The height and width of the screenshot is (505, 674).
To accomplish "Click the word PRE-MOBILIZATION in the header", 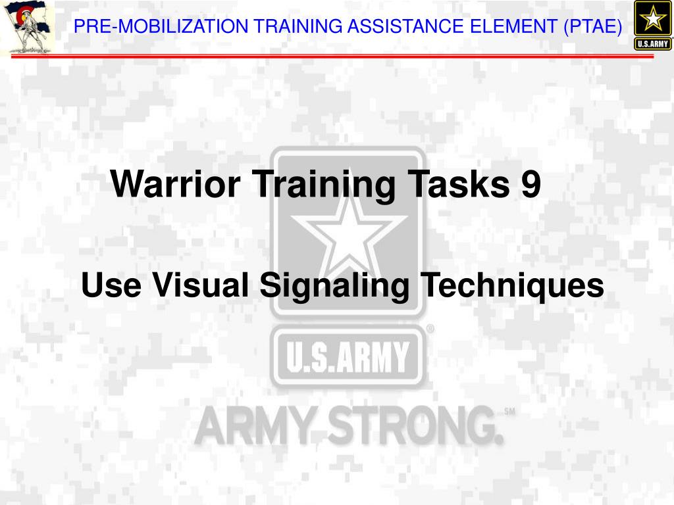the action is click(x=161, y=26).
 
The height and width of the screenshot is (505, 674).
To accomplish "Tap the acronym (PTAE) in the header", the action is click(x=593, y=26).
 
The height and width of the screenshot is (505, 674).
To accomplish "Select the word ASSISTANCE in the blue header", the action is click(x=406, y=26).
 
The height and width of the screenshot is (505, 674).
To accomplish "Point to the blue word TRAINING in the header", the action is click(x=298, y=26).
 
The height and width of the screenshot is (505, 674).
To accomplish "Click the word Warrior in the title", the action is click(x=175, y=183).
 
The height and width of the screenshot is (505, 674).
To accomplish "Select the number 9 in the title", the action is click(x=531, y=183).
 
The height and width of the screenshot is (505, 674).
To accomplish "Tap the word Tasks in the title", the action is click(x=458, y=183).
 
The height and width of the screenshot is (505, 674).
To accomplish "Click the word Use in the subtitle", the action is click(x=111, y=285).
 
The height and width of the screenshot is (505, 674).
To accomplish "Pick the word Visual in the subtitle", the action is click(x=201, y=285).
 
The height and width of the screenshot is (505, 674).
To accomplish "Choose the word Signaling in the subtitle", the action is click(x=334, y=285).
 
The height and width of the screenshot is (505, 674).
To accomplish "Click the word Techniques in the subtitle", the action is click(x=512, y=285).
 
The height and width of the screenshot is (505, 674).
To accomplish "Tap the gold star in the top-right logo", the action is click(x=653, y=18).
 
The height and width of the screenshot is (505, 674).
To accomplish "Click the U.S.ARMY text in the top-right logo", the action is click(x=652, y=43).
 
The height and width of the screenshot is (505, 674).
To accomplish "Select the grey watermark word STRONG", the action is click(x=415, y=425).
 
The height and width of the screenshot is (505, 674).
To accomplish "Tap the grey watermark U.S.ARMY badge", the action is click(x=348, y=356).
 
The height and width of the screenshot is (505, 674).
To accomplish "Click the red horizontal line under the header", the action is click(x=332, y=56).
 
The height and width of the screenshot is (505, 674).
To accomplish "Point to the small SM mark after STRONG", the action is click(x=509, y=412).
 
